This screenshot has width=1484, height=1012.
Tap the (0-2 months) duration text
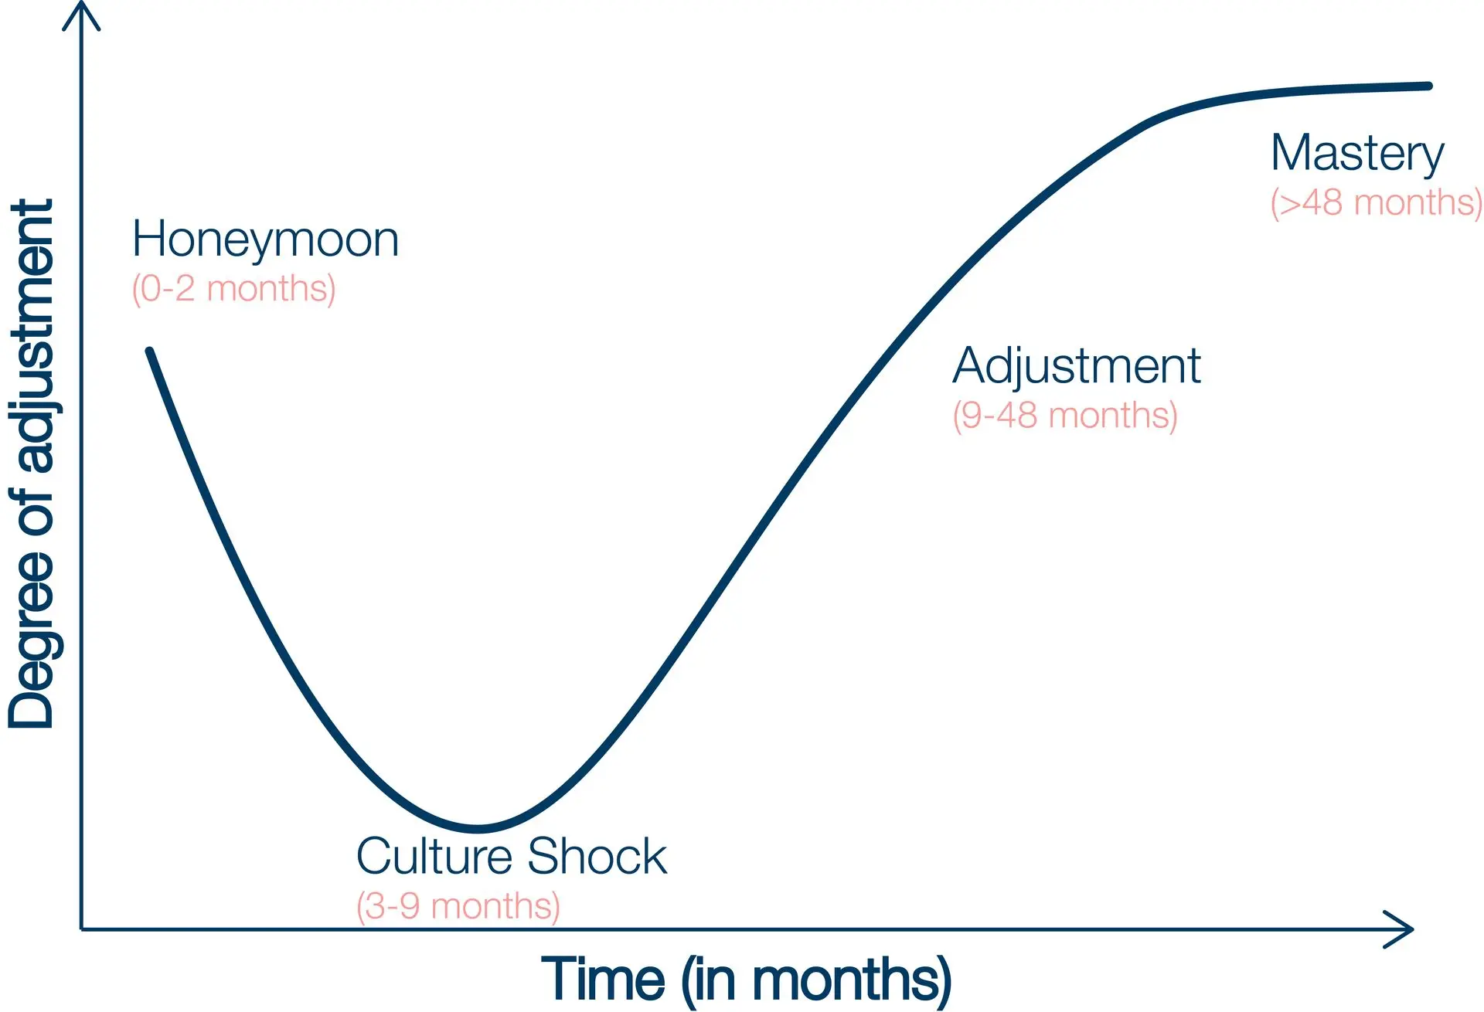(233, 290)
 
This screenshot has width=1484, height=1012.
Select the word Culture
(434, 856)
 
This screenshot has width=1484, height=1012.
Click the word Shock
(597, 856)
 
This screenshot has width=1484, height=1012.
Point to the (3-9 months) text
(458, 906)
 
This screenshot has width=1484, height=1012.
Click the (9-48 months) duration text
(1065, 416)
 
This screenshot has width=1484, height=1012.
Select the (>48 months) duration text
(1377, 203)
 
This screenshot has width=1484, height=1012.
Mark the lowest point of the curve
(478, 828)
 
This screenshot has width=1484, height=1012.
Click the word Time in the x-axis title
(603, 980)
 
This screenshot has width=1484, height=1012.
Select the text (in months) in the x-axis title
(816, 981)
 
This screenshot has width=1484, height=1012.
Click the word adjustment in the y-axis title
(32, 336)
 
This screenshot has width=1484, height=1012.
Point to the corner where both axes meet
(81, 929)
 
